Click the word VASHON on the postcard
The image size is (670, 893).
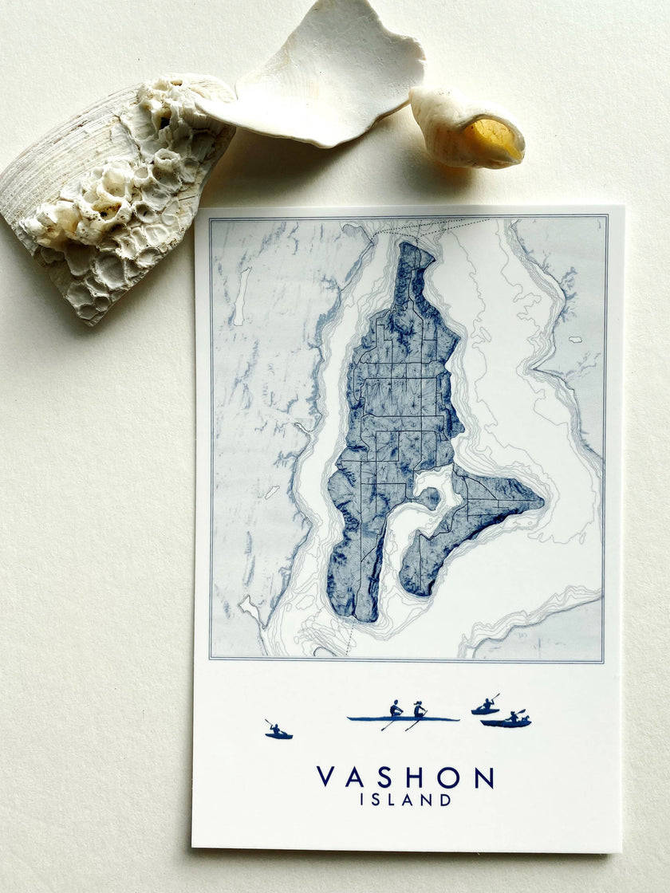coord(405,777)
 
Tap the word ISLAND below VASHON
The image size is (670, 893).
coord(404,800)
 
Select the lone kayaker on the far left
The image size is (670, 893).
coord(278,730)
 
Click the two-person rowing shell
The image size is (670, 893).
coord(403,717)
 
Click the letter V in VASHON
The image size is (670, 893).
coord(325,777)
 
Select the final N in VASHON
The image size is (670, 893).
coord(484,777)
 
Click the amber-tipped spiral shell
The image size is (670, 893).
coord(467,128)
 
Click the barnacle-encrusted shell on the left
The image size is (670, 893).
coord(120,191)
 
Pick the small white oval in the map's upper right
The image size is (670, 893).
coord(574,340)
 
